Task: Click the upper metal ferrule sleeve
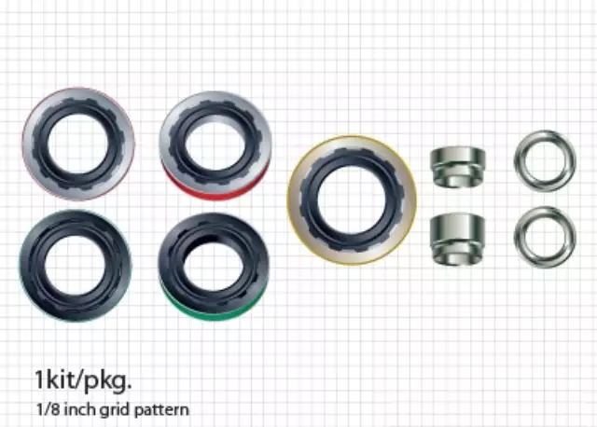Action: pos(458,166)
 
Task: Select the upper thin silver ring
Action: pos(544,160)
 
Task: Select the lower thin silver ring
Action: pos(544,236)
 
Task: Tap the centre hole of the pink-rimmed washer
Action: pos(78,143)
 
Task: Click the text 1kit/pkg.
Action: pos(84,381)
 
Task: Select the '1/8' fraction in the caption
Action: pos(47,409)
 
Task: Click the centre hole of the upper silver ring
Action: pos(544,160)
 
